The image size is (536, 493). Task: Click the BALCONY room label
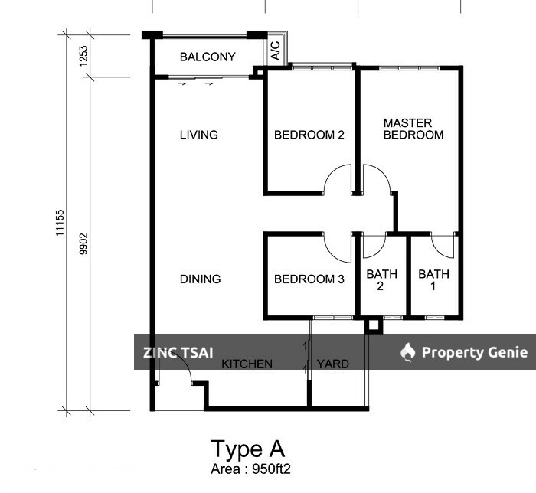(x=208, y=57)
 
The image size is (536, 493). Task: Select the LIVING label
(x=199, y=135)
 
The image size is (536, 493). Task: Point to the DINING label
(x=200, y=279)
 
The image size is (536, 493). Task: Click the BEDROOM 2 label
(x=309, y=135)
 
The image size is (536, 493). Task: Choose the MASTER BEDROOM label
(x=413, y=129)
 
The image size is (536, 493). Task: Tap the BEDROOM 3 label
(x=309, y=279)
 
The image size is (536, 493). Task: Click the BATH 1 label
(x=433, y=280)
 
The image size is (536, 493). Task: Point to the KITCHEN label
(x=247, y=364)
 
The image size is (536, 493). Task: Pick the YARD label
(x=332, y=364)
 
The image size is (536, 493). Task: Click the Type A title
(x=247, y=449)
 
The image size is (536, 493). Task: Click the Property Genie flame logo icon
(x=408, y=352)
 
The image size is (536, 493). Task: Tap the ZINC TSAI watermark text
(x=178, y=352)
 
